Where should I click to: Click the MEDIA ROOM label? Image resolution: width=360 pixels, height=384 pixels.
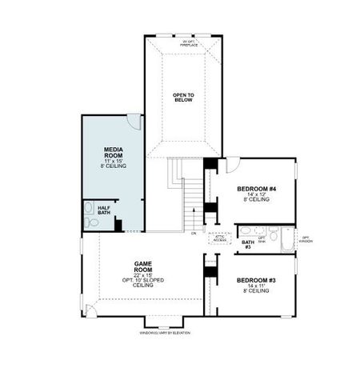tap(113, 153)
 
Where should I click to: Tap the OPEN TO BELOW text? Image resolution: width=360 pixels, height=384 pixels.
tap(183, 98)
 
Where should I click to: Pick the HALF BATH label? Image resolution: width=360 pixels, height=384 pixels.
tap(104, 210)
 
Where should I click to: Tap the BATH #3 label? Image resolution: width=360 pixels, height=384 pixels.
tap(247, 244)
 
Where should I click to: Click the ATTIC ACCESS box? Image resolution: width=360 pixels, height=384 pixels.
tap(221, 238)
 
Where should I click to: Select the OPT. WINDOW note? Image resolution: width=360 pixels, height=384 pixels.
tap(306, 238)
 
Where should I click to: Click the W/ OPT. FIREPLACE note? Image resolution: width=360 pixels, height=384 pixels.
tap(188, 42)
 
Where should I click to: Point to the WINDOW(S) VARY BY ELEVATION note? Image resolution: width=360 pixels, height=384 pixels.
tap(165, 332)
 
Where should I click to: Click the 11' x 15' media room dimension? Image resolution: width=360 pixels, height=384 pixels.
tap(113, 160)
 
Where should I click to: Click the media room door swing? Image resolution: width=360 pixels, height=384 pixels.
tap(134, 122)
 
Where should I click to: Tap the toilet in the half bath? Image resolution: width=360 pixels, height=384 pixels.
tap(90, 224)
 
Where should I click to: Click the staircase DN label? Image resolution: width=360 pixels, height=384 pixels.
tap(193, 233)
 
